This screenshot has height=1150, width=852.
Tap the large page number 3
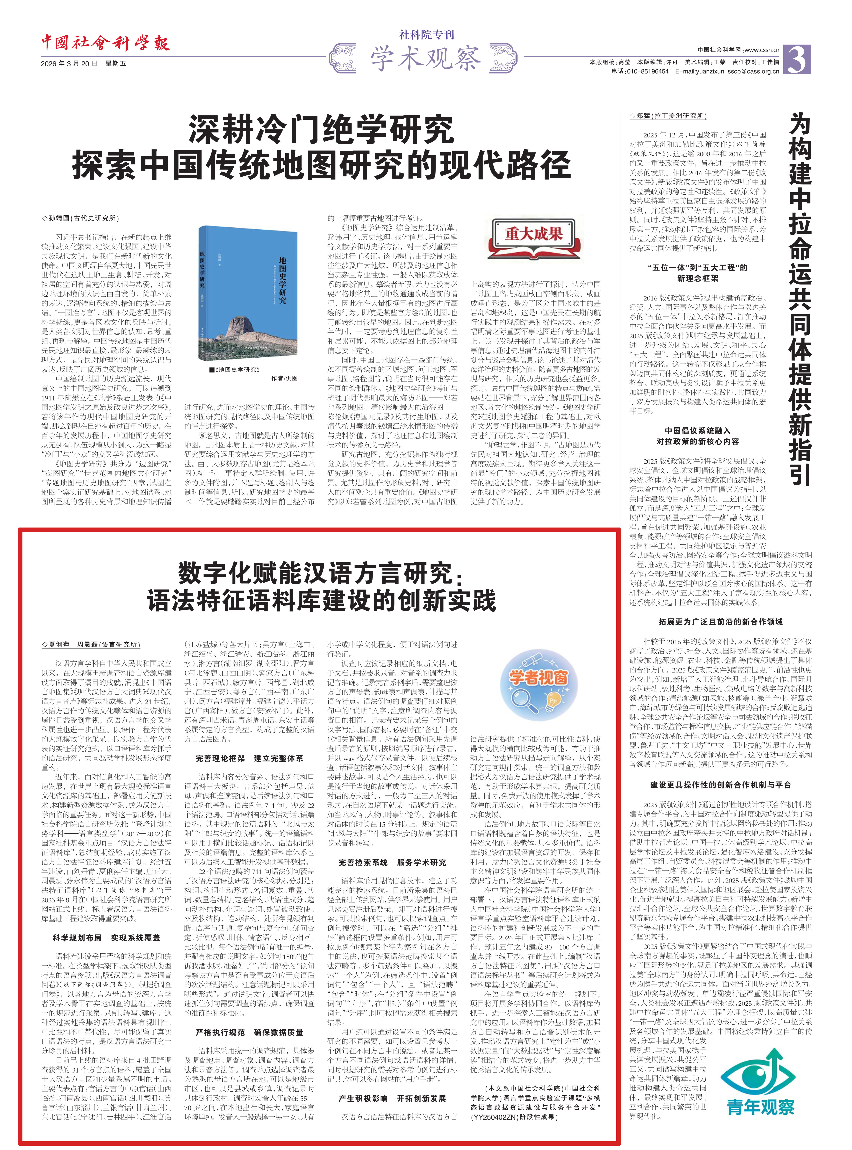797,60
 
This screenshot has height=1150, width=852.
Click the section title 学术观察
425,58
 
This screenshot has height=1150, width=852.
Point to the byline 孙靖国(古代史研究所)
81,218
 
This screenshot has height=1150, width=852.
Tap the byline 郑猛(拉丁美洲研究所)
668,116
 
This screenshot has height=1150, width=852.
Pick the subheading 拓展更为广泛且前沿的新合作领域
720,622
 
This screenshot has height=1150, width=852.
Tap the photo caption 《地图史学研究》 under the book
235,370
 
